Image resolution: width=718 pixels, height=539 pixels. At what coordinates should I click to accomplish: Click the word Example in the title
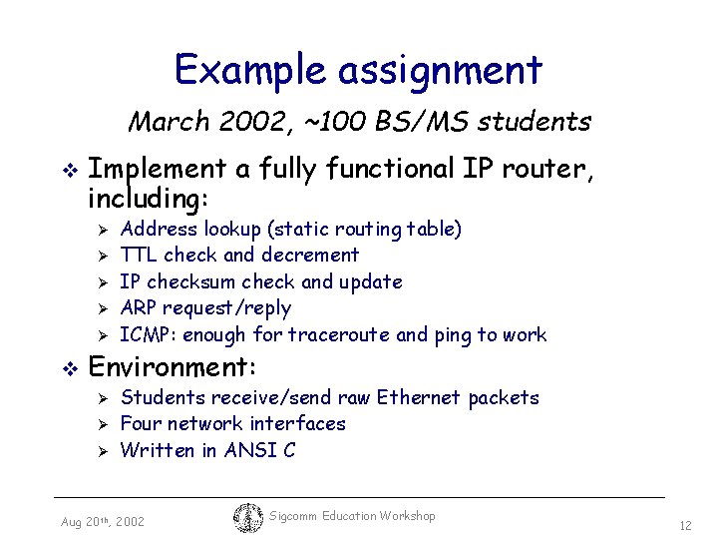(251, 70)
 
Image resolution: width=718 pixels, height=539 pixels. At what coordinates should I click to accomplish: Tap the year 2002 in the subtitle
(256, 122)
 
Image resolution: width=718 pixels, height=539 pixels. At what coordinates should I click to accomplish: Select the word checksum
(202, 281)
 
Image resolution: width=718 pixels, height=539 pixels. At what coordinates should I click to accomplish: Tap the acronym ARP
(139, 307)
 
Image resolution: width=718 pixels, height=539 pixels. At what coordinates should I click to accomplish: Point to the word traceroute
(342, 334)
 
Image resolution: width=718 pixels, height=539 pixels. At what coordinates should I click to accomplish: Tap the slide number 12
(685, 525)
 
